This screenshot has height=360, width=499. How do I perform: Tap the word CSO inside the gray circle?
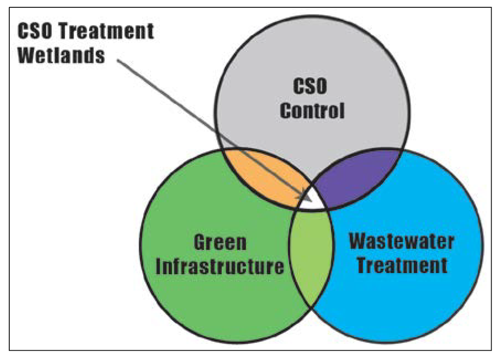pos(311,88)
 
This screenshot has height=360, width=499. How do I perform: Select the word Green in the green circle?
pos(220,243)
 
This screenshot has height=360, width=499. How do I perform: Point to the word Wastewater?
pos(402,241)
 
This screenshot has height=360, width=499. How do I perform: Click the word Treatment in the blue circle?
pos(402,265)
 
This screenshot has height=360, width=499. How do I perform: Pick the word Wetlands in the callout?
pos(61,55)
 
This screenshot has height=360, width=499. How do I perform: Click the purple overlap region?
pos(358,175)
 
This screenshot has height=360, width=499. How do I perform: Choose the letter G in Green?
pos(200,243)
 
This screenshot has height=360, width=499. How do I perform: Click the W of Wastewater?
pos(360,241)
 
